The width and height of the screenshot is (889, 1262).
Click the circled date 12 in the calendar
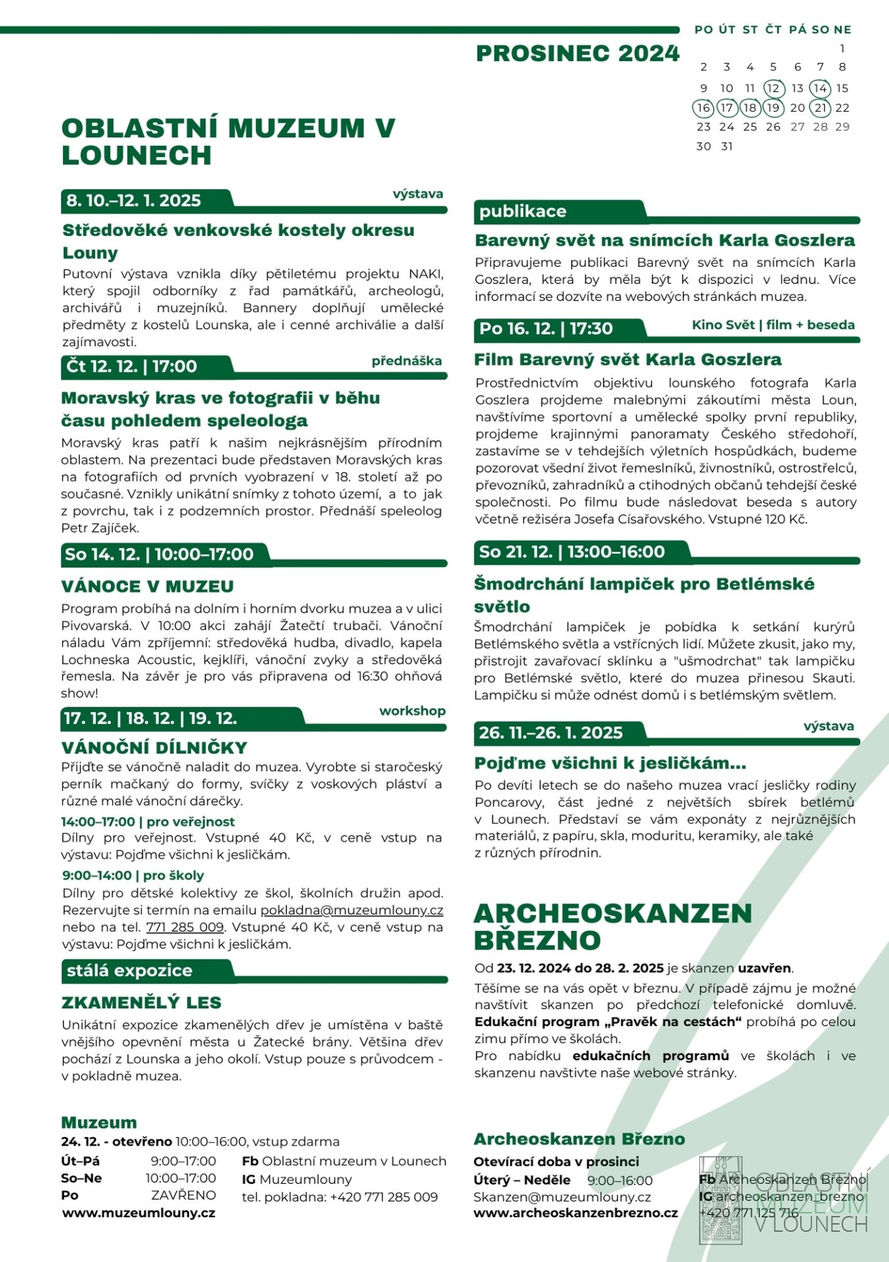point(773,88)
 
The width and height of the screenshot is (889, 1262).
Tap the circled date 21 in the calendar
point(820,108)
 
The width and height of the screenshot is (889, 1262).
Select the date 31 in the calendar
point(727,147)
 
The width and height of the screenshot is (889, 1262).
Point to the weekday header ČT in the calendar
point(773,30)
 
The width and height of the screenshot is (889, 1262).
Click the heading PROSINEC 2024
point(578,53)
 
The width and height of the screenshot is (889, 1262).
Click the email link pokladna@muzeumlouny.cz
point(352,910)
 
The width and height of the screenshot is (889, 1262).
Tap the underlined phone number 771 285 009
point(185,927)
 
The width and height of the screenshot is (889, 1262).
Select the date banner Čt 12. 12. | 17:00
point(132,366)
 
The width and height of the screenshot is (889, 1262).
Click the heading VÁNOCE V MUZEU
point(147,586)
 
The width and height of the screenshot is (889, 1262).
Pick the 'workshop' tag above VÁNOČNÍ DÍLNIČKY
point(412,711)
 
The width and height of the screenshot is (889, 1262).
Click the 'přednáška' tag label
point(407,361)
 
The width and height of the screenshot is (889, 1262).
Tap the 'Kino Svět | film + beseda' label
point(773,325)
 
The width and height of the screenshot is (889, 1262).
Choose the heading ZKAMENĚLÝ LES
point(141,1002)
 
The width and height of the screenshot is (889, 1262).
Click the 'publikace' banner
point(523,211)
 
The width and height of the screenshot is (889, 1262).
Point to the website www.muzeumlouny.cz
point(139,1213)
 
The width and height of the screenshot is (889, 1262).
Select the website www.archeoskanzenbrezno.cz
point(576,1213)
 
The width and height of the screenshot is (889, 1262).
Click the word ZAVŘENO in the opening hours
point(183,1195)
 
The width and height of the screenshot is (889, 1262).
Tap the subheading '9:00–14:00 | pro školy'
point(133,876)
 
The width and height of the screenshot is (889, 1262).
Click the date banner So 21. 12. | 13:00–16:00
point(572,552)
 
